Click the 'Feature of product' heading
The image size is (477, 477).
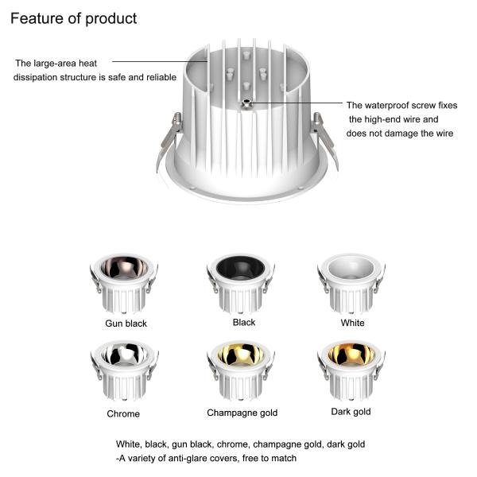(73, 18)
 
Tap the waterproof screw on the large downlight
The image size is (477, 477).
(247, 103)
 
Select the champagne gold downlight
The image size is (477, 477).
(241, 369)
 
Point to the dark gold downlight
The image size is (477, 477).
(351, 369)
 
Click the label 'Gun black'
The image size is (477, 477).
(126, 324)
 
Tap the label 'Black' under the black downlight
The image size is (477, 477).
(244, 322)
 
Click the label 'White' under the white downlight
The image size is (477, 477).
(352, 323)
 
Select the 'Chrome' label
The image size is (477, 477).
(123, 413)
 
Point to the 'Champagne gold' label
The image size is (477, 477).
(242, 413)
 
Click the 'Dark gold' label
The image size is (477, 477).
(351, 412)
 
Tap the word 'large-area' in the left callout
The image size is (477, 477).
(56, 63)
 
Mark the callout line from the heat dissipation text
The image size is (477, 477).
(159, 60)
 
